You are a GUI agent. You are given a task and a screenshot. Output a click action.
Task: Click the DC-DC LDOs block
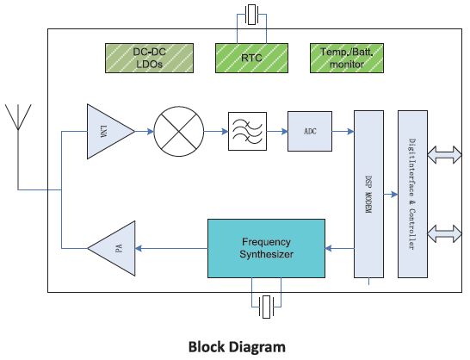[x=149, y=58]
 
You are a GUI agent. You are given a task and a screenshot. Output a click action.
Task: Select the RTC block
[x=251, y=58]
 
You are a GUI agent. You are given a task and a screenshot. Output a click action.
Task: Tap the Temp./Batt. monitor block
[x=347, y=58]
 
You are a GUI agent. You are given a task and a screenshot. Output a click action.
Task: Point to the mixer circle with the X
[x=179, y=132]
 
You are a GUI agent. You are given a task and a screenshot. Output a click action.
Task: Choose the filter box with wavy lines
[x=247, y=131]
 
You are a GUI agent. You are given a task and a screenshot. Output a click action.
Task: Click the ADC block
[x=310, y=131]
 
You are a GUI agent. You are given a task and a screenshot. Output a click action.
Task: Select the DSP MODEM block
[x=368, y=194]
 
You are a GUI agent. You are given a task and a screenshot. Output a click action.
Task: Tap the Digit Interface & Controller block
[x=412, y=194]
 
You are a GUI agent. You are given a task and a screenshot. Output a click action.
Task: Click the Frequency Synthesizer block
[x=266, y=248]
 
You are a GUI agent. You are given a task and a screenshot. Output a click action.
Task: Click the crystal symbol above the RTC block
[x=251, y=15]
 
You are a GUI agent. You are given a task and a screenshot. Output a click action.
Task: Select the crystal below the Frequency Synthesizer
[x=266, y=307]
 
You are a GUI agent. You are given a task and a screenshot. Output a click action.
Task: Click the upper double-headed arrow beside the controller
[x=444, y=155]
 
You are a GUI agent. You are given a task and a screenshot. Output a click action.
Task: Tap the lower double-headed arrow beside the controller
[x=444, y=233]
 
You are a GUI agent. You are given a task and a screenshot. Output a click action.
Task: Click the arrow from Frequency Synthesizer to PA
[x=171, y=248]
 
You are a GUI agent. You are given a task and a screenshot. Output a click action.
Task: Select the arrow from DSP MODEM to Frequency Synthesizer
[x=340, y=248]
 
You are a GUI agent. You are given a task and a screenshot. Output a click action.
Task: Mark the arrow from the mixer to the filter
[x=216, y=131]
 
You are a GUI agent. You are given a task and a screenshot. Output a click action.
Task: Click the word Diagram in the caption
[x=257, y=347]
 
